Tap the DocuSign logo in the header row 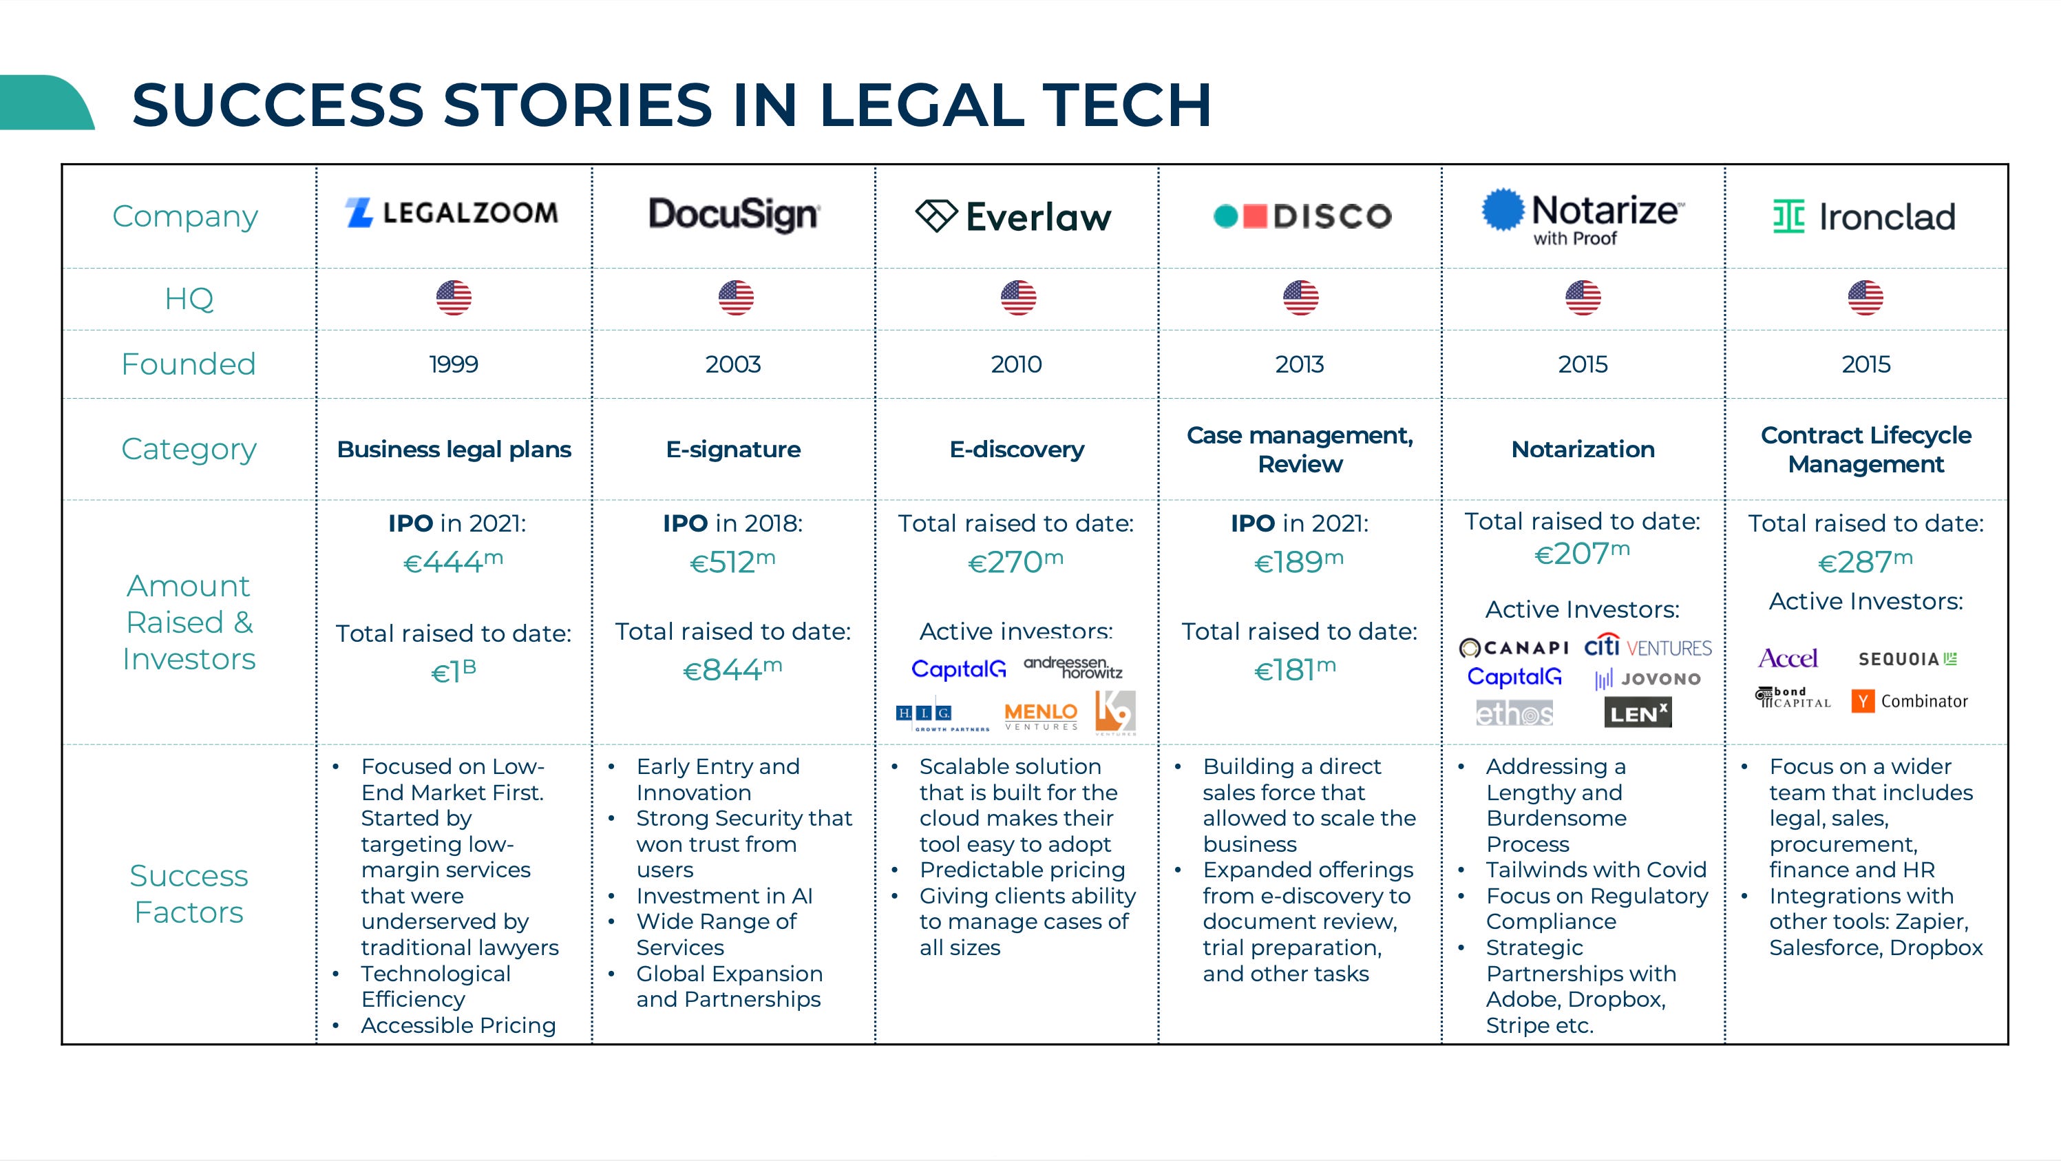(733, 214)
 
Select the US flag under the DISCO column (1300, 297)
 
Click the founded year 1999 (453, 364)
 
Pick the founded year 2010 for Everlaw (1016, 364)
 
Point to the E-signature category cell (733, 449)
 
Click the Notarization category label (1583, 449)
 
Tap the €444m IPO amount (453, 562)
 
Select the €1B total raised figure (453, 671)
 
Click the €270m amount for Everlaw (1015, 562)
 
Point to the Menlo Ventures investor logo (1040, 715)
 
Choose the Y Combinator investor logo (1909, 701)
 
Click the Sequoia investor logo (1907, 658)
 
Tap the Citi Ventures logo (1647, 647)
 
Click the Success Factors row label (189, 893)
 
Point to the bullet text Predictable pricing (1022, 870)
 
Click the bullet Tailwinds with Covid (1596, 870)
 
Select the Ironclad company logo (1864, 216)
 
